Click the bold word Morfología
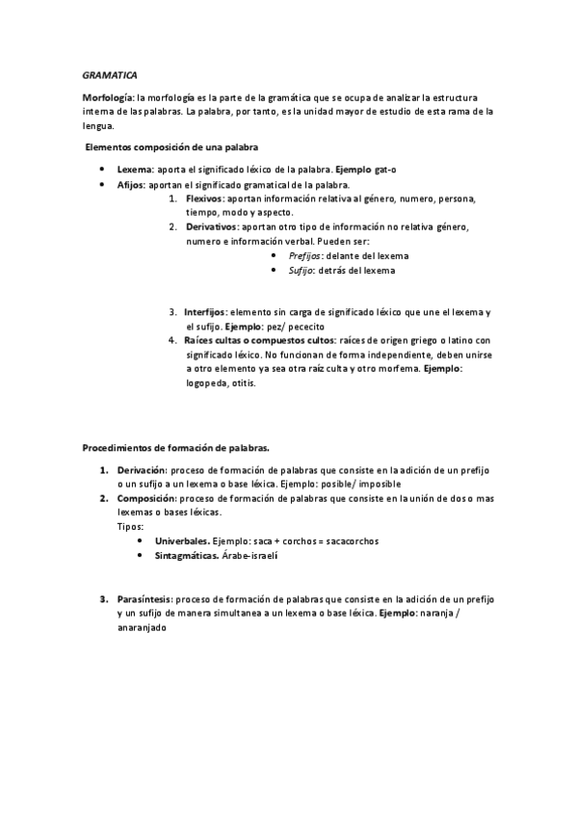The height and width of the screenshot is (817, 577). pos(109,98)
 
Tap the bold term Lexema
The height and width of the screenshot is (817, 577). pos(134,168)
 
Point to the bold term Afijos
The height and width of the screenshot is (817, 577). pos(131,183)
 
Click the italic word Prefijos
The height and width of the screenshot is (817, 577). pos(306,255)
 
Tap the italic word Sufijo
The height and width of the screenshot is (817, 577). pos(302,271)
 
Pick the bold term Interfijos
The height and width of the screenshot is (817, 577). pos(205,312)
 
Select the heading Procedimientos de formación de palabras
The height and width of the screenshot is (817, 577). pos(176,448)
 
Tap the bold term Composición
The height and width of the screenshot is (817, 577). pos(147,498)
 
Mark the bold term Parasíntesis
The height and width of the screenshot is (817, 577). pos(146,598)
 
